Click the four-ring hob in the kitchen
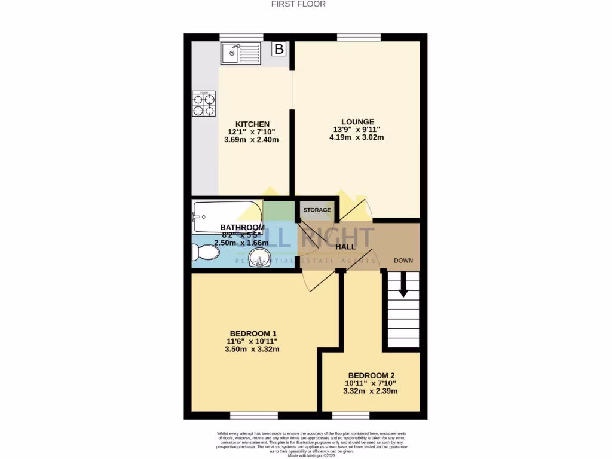[x=204, y=103]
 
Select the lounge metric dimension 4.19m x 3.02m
[x=357, y=137]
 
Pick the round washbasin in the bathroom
[x=259, y=259]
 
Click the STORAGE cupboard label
[x=317, y=210]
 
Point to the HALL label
[x=345, y=246]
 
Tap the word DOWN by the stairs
[x=403, y=261]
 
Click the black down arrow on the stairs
[x=403, y=285]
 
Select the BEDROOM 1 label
[x=253, y=333]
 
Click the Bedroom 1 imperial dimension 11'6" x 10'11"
[x=253, y=341]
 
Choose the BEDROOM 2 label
[x=372, y=375]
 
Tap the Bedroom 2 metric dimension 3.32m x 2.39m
[x=372, y=391]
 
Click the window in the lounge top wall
[x=359, y=38]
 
